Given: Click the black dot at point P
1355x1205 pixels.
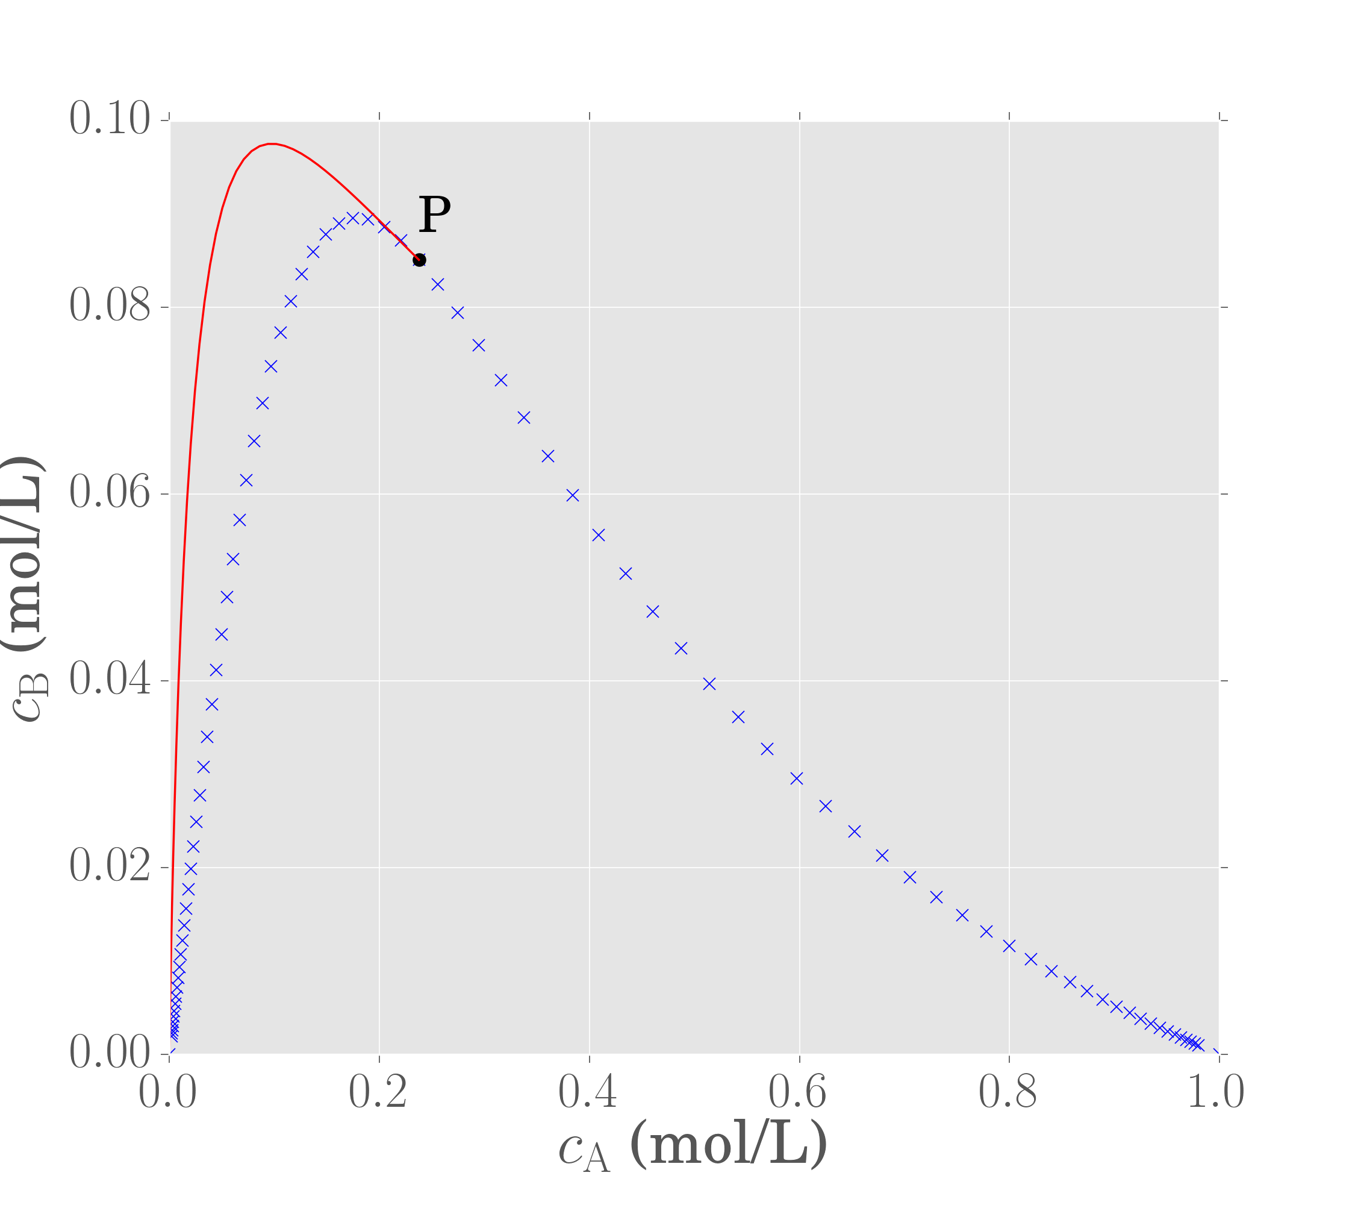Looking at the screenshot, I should [x=419, y=260].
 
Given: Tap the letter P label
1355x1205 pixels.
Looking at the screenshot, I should [x=434, y=215].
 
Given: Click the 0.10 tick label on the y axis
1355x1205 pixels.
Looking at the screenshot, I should [x=110, y=119].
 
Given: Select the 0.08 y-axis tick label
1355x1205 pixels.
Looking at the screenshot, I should [x=110, y=307].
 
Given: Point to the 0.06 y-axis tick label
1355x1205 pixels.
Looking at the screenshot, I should [x=110, y=493].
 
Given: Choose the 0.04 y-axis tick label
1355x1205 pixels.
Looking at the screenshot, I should [x=110, y=680].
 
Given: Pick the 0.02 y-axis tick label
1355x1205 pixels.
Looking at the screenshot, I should [x=110, y=868].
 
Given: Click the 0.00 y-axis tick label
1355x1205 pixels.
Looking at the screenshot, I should [x=110, y=1054].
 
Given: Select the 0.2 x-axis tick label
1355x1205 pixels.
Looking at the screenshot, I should [x=378, y=1093].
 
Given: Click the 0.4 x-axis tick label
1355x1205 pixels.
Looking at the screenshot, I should [x=588, y=1093].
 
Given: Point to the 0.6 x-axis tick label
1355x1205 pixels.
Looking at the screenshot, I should [x=798, y=1093].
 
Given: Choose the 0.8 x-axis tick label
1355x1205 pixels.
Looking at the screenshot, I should [x=1008, y=1093].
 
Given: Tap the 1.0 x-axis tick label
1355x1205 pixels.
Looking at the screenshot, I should [x=1216, y=1093].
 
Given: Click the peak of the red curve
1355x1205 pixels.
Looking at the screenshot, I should [x=271, y=143].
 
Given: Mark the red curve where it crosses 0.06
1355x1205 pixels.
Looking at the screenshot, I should [x=187, y=494].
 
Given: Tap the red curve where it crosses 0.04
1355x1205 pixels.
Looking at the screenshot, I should [x=179, y=681].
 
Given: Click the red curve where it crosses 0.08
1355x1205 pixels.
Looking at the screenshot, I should [x=204, y=307].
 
